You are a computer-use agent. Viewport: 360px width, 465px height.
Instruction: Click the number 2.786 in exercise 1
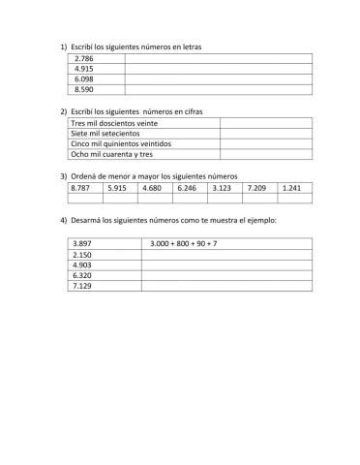pyautogui.click(x=83, y=59)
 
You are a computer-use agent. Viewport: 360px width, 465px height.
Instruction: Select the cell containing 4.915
pyautogui.click(x=83, y=70)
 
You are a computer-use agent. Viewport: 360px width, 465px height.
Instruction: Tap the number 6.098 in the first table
pyautogui.click(x=83, y=79)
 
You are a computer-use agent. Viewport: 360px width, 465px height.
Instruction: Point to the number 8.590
pyautogui.click(x=83, y=90)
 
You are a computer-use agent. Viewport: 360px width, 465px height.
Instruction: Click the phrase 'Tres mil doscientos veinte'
pyautogui.click(x=113, y=124)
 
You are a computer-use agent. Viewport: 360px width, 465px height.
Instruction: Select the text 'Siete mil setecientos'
pyautogui.click(x=105, y=135)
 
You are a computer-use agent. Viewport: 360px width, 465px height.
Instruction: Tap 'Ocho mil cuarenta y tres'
pyautogui.click(x=112, y=155)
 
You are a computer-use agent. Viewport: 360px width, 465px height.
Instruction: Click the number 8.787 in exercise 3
pyautogui.click(x=81, y=188)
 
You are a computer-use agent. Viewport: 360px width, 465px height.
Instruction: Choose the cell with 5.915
pyautogui.click(x=117, y=188)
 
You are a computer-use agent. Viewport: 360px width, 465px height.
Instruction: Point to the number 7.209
pyautogui.click(x=256, y=188)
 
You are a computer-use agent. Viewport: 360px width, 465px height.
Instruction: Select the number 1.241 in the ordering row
pyautogui.click(x=291, y=188)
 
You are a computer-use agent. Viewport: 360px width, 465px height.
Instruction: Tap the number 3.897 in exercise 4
pyautogui.click(x=83, y=243)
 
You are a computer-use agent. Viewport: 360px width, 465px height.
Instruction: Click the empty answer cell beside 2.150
pyautogui.click(x=225, y=254)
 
